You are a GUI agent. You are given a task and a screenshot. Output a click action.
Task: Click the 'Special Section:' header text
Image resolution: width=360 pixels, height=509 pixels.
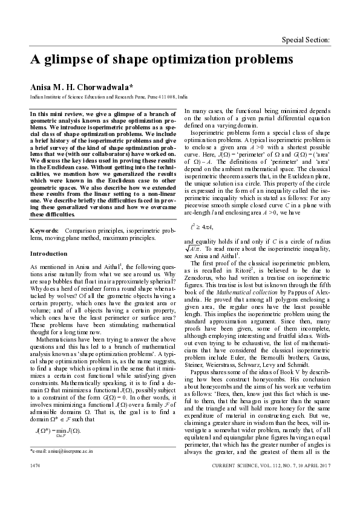click(x=306, y=40)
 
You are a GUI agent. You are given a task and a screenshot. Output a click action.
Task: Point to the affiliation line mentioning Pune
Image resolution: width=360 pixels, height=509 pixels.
click(x=109, y=97)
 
